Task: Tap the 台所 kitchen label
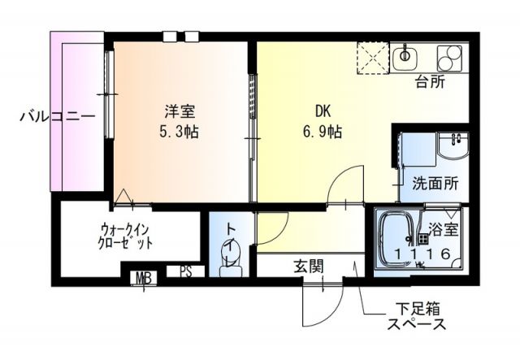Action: click(431, 81)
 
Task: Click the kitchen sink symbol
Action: click(405, 57)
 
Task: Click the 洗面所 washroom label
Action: click(435, 183)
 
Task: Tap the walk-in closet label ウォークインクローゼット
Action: click(126, 236)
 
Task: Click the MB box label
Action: click(144, 279)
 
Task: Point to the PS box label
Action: click(186, 272)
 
